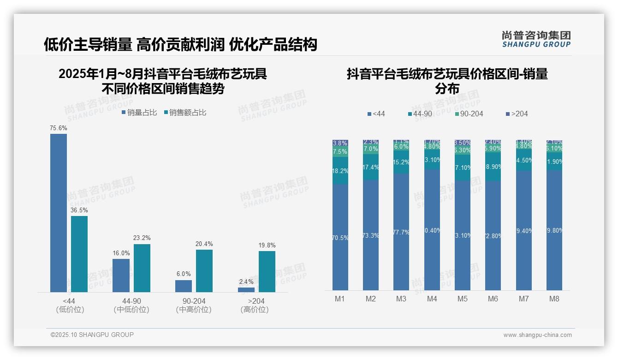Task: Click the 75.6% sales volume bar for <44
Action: coord(59,212)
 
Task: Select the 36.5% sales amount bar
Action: coord(79,254)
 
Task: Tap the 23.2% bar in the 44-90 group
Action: coord(142,268)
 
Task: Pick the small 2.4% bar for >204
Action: coord(246,290)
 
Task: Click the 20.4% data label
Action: coord(204,244)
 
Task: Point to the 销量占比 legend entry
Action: coord(139,113)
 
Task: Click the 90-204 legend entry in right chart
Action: coord(469,114)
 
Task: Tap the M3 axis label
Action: coord(401,299)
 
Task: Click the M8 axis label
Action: coord(554,299)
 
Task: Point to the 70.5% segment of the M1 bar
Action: coord(340,238)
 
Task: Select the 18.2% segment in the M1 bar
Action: coord(340,171)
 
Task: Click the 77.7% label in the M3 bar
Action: coord(401,233)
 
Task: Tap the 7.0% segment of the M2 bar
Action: coord(371,149)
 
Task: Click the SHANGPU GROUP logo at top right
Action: coord(536,39)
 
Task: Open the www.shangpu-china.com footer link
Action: coord(537,335)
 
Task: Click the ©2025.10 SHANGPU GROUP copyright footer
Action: coord(92,335)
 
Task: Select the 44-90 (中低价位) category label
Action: coord(131,306)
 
